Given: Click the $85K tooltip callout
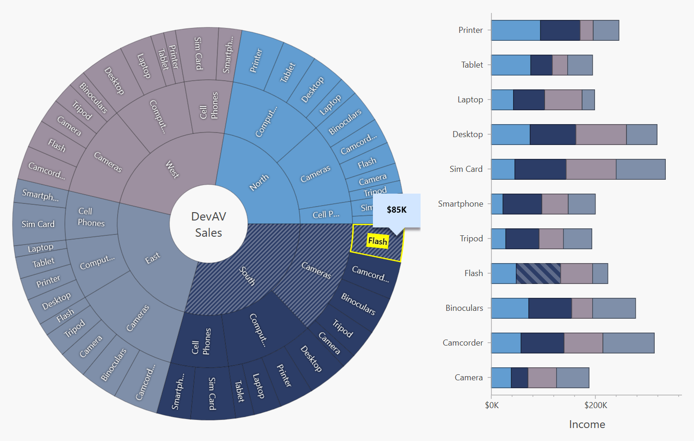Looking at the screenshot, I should coord(397,210).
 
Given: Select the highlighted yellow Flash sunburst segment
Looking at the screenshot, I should coord(377,242).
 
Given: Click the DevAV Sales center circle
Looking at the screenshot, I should coord(209,224).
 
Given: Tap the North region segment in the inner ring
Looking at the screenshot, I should coord(259,182).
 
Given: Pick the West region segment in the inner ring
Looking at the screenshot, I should coord(172,169).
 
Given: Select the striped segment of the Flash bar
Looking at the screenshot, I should coord(538,273).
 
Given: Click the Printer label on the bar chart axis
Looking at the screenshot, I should coord(470,30).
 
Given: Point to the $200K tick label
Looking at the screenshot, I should coord(595,405).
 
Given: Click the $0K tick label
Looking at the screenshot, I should coord(492,405).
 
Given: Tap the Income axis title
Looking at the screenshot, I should coord(587,424).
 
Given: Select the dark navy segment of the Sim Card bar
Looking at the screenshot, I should coord(540,169).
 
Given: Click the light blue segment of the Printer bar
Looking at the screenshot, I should coord(515,30).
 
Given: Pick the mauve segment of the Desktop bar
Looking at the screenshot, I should coord(601,134).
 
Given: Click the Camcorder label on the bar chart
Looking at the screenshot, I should coord(463,343).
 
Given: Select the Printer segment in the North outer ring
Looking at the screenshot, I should coord(256,60).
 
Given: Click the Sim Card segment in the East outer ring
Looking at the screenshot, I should coord(38,224).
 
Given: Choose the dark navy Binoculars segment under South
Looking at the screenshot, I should coord(358,304).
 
